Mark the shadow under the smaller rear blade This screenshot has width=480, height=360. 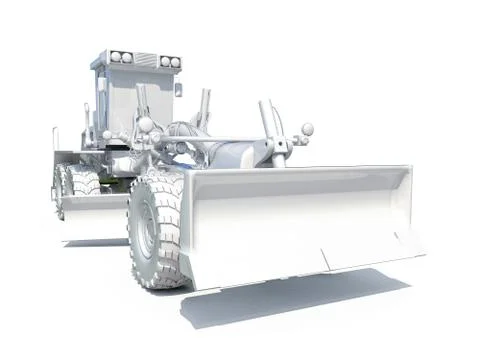pos(95,243)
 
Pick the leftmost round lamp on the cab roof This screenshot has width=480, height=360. pos(114,57)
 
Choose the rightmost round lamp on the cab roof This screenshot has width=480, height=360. pos(175,61)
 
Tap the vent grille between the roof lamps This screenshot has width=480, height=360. pos(143,58)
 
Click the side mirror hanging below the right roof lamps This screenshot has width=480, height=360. pos(178,89)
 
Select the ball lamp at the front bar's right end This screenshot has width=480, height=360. pos(307,129)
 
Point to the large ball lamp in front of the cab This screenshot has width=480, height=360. pos(146,125)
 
